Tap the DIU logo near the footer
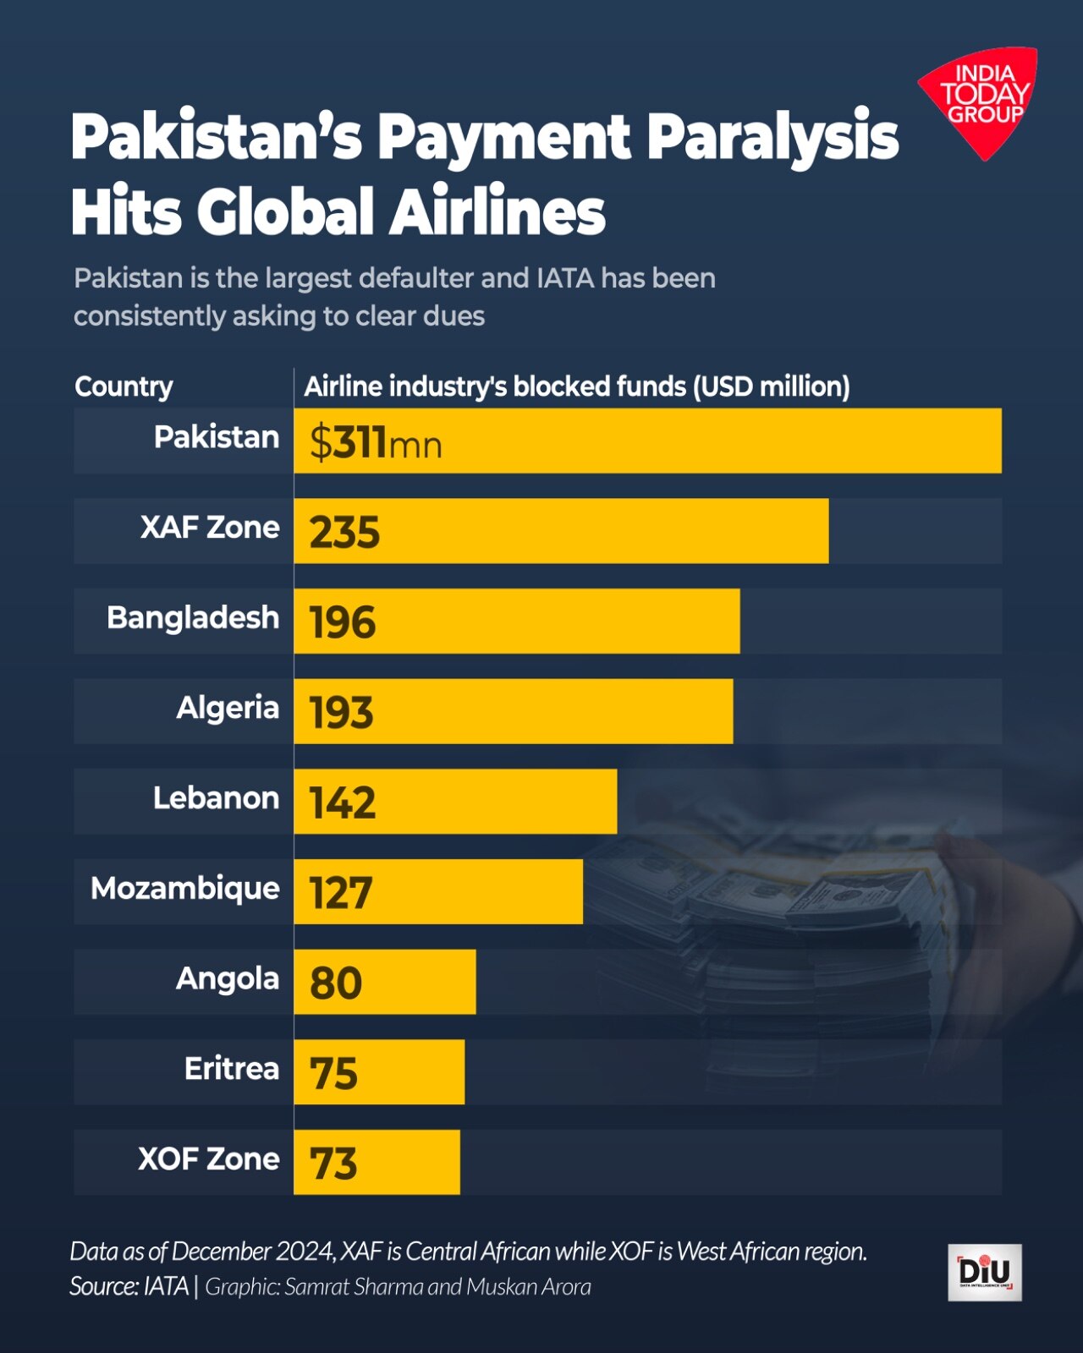click(984, 1272)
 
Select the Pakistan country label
click(217, 437)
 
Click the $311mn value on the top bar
click(376, 442)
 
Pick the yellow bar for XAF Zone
click(561, 531)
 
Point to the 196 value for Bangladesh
click(343, 622)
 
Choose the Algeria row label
click(228, 708)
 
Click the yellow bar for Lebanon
click(455, 802)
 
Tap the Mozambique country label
click(185, 889)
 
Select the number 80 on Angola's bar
click(336, 983)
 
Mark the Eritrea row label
click(232, 1069)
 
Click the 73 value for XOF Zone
click(333, 1164)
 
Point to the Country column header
click(124, 386)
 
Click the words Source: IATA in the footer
click(129, 1286)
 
